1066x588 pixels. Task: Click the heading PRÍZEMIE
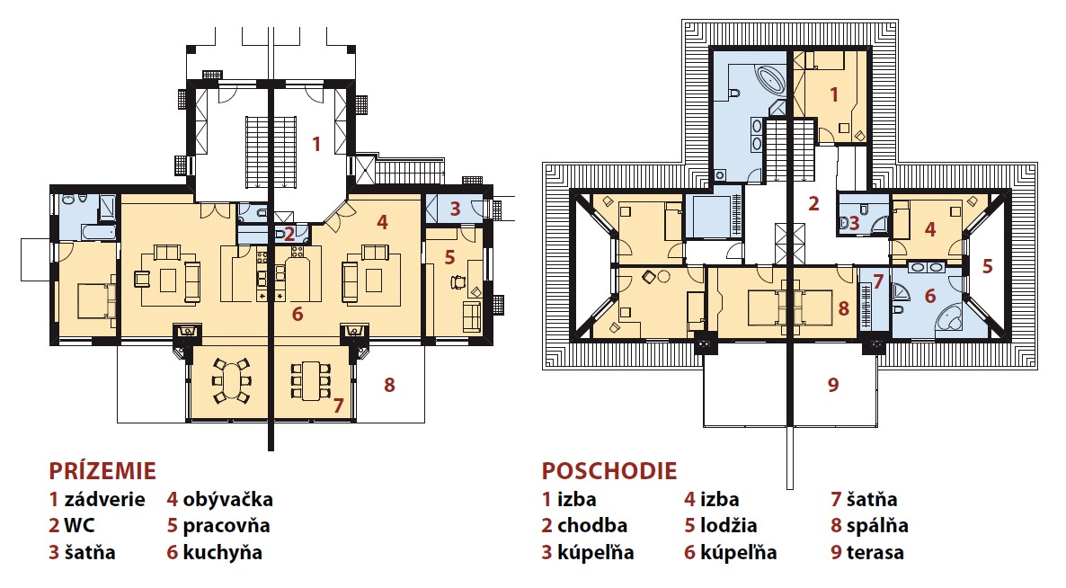click(102, 470)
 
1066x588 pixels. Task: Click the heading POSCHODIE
click(609, 470)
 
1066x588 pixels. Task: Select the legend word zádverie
click(104, 500)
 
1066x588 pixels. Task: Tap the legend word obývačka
click(227, 500)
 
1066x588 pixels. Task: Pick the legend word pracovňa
click(227, 526)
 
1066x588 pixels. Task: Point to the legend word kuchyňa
click(222, 553)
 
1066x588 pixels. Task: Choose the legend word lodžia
click(728, 526)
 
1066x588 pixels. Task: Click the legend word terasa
click(875, 553)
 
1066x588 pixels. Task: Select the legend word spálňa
click(877, 526)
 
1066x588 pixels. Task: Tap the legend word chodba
click(592, 525)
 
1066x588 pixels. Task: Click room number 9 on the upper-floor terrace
click(833, 385)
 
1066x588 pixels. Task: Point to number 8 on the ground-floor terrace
click(389, 385)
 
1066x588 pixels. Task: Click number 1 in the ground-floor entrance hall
click(316, 144)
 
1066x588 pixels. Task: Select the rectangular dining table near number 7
click(311, 380)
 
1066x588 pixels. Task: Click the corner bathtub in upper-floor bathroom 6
click(951, 319)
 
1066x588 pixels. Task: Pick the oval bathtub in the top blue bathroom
click(768, 80)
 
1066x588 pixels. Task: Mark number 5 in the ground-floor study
click(449, 258)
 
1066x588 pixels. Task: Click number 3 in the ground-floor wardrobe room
click(455, 209)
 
